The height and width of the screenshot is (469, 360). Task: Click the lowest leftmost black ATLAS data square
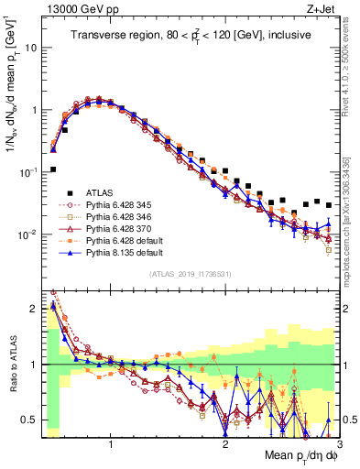click(53, 169)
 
